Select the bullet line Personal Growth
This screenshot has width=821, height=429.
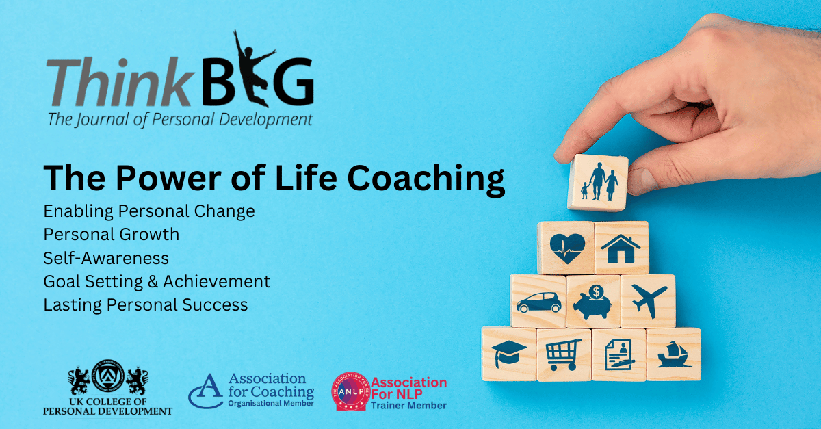click(x=111, y=234)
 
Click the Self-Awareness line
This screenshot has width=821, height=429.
click(x=105, y=258)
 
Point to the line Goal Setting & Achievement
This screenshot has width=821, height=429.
click(x=157, y=281)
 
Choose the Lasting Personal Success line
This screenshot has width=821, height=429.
click(x=145, y=304)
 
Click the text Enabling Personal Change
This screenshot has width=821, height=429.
click(x=148, y=211)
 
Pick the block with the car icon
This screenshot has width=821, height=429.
click(x=538, y=301)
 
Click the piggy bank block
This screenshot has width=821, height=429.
click(x=593, y=301)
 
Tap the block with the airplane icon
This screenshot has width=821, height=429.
click(x=648, y=301)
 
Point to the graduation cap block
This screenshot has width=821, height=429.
click(x=509, y=354)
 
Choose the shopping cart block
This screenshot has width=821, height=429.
click(x=563, y=354)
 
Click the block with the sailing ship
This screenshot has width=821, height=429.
click(x=673, y=354)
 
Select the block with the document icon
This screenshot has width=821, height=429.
click(x=618, y=354)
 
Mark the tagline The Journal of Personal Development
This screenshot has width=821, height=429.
click(x=179, y=119)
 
